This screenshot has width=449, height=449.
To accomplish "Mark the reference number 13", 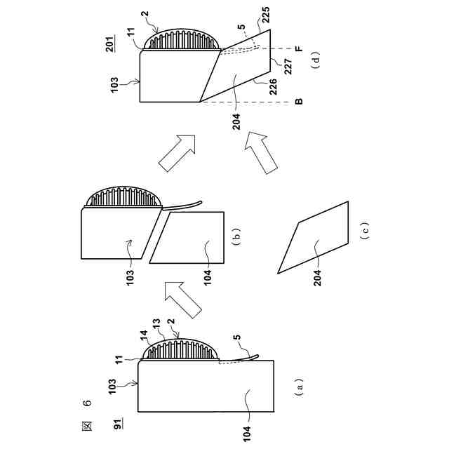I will (136, 328).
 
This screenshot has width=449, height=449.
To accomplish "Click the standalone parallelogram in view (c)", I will (314, 237).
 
